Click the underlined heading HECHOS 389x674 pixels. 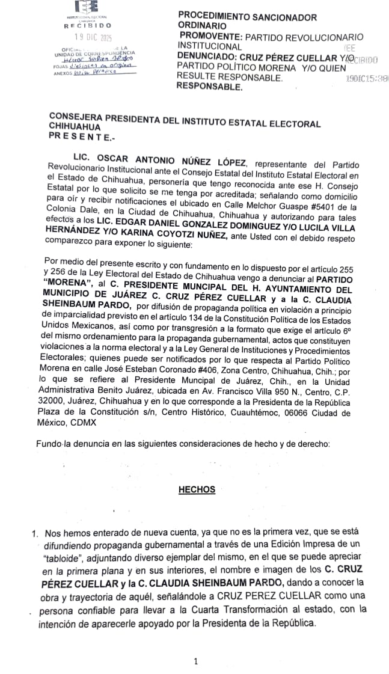click(x=197, y=489)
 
